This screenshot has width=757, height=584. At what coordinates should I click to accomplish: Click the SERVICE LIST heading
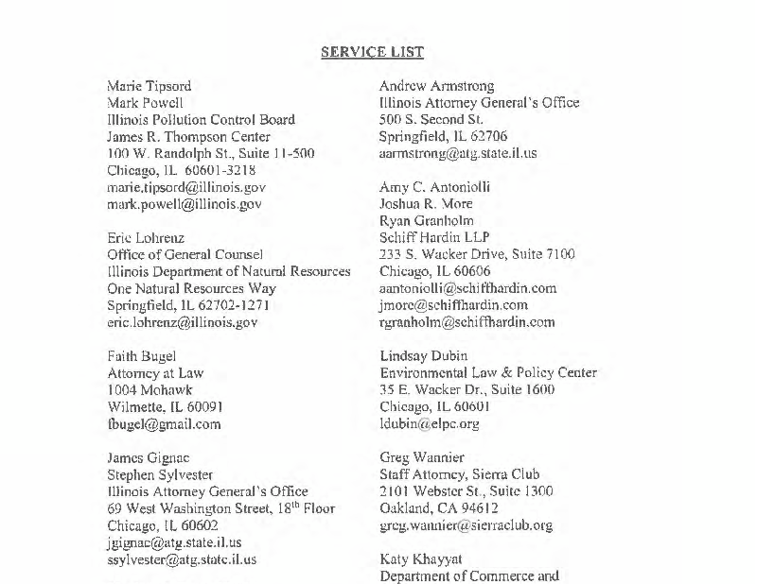372,52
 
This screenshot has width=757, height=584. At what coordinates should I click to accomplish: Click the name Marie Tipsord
150,86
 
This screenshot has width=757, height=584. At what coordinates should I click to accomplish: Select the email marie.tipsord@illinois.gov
180,187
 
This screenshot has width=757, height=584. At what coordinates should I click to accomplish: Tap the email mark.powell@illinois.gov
185,204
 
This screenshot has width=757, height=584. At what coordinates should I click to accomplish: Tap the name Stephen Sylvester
160,474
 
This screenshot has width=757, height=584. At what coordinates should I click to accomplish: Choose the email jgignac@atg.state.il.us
174,542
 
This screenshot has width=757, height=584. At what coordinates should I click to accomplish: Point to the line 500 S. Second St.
431,120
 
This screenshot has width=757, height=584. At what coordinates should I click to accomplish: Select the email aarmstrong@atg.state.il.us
458,153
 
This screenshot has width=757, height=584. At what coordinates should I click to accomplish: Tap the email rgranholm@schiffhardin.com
467,322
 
